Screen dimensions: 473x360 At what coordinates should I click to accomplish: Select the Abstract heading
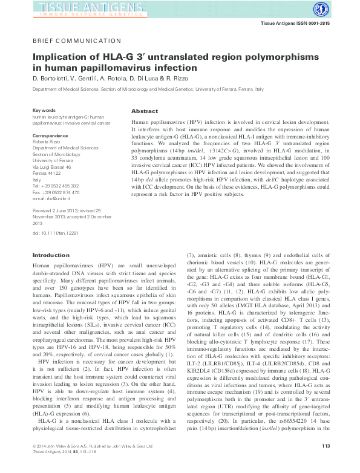145,112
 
